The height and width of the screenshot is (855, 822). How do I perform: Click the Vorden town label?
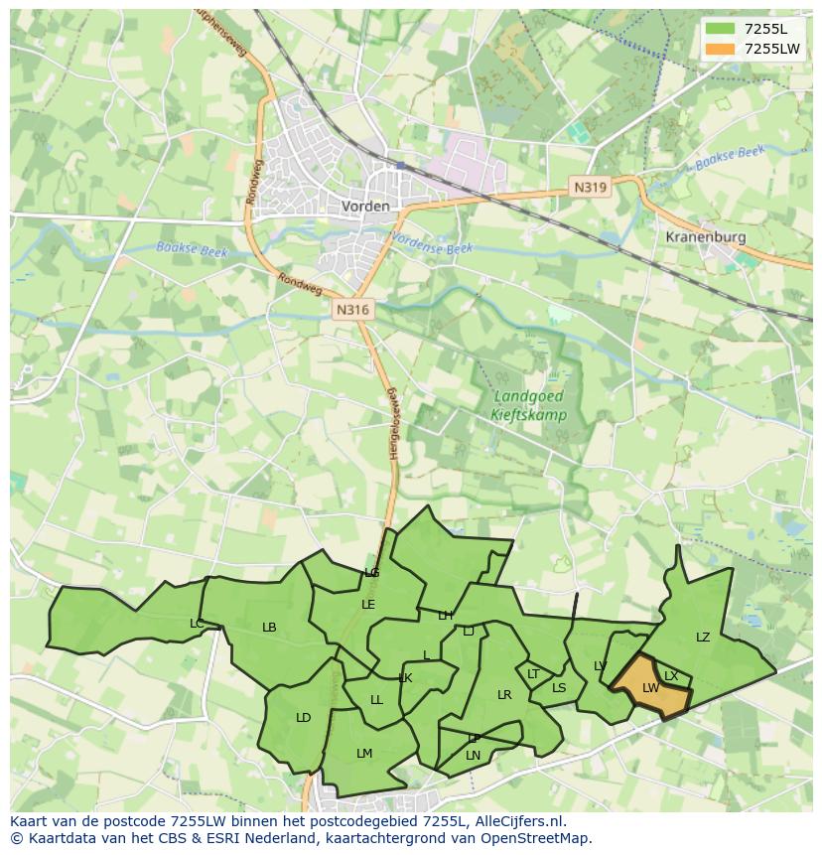click(x=365, y=207)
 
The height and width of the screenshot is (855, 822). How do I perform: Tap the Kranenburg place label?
click(x=705, y=237)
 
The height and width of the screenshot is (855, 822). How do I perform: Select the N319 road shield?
click(x=589, y=186)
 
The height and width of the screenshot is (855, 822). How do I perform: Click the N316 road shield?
click(x=351, y=310)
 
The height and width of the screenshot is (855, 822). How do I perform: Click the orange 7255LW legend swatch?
click(x=720, y=49)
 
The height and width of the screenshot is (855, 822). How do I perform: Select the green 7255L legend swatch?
click(x=720, y=28)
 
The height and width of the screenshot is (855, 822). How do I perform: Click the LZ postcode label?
click(x=703, y=638)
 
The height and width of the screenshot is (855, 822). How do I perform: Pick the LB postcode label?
click(x=269, y=628)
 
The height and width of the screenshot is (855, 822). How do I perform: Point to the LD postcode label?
click(x=303, y=718)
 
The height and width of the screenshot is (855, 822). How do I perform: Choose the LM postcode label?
click(x=364, y=754)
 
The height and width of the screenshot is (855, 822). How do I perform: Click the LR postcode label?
click(x=504, y=695)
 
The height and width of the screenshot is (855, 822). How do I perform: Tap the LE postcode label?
click(x=368, y=605)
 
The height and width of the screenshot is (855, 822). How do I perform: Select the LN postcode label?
click(x=473, y=756)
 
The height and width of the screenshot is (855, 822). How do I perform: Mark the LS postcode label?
click(x=559, y=688)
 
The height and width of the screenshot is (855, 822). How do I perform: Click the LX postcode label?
click(x=671, y=676)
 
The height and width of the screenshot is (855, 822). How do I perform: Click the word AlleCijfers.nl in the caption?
click(x=518, y=821)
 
